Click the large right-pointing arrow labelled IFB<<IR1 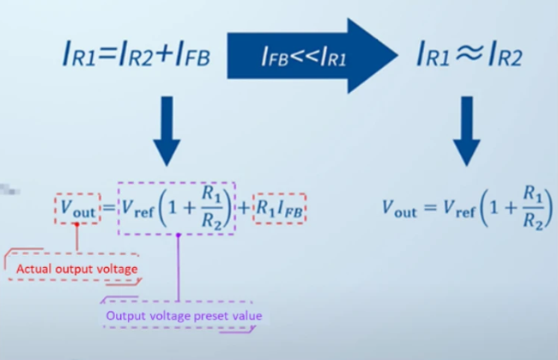(312, 56)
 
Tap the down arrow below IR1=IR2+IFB (167, 131)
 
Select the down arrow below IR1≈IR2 (466, 131)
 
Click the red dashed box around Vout (77, 209)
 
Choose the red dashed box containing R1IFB (279, 209)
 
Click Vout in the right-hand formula (399, 209)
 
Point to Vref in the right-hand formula (459, 209)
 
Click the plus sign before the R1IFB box (244, 208)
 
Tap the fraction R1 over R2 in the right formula (533, 207)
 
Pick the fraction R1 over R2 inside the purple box (212, 207)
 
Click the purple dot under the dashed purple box (179, 235)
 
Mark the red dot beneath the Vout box (77, 224)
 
